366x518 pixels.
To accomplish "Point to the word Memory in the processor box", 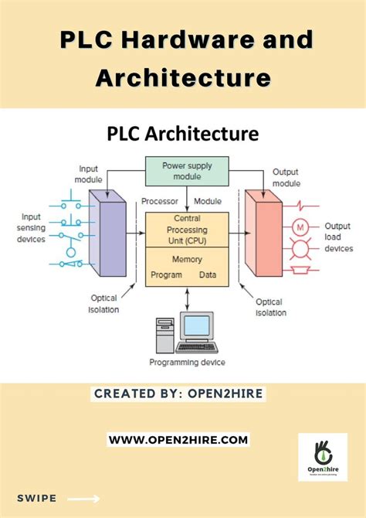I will (x=187, y=260).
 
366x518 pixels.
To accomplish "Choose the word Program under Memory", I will (x=166, y=274).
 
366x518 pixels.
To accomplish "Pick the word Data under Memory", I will (x=208, y=274).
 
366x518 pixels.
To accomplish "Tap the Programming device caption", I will (x=183, y=362).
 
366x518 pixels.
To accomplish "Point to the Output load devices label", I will (x=337, y=237).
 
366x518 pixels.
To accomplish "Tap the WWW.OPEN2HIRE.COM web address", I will (x=178, y=439).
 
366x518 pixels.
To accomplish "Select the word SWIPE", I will (x=36, y=499).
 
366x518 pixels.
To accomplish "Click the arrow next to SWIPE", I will (x=84, y=499).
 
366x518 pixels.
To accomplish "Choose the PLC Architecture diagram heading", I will (x=182, y=134).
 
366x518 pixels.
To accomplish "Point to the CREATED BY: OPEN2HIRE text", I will (x=178, y=394).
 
